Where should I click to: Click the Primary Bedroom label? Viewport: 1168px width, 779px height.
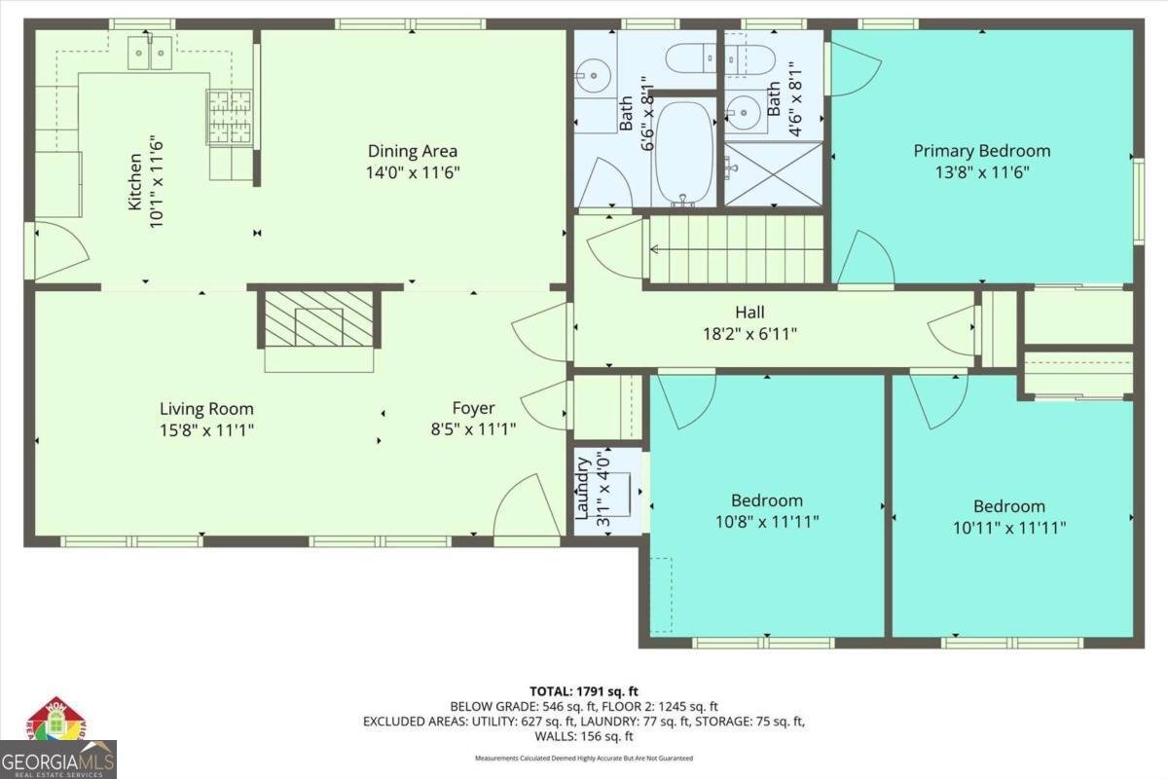click(x=981, y=151)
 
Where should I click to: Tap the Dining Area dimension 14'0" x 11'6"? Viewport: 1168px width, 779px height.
click(x=413, y=172)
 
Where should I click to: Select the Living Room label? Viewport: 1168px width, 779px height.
click(x=206, y=409)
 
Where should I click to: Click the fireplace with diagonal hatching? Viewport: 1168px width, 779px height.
click(x=319, y=318)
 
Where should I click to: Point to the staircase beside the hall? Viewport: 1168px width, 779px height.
click(x=736, y=249)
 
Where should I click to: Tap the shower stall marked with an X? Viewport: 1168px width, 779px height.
click(x=774, y=175)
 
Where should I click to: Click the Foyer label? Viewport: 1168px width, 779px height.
click(x=473, y=408)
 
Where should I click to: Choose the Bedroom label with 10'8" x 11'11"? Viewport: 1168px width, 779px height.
click(x=767, y=501)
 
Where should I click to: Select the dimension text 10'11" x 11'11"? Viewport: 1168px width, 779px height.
click(x=1009, y=528)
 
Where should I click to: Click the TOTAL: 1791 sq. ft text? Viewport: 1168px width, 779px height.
click(x=584, y=691)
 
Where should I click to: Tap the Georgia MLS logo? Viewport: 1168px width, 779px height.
click(x=58, y=745)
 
